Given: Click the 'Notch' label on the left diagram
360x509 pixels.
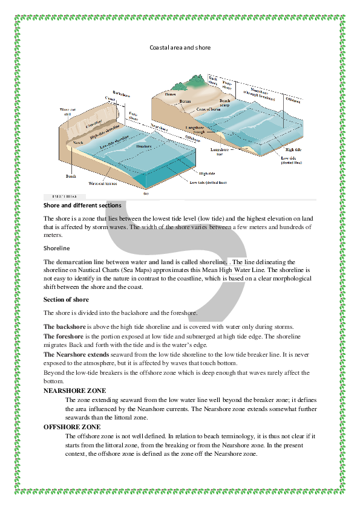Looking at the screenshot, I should click(77, 142).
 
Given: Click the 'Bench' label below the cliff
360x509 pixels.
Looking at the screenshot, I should click(71, 176).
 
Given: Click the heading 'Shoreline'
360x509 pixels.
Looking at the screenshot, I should click(57, 248).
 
